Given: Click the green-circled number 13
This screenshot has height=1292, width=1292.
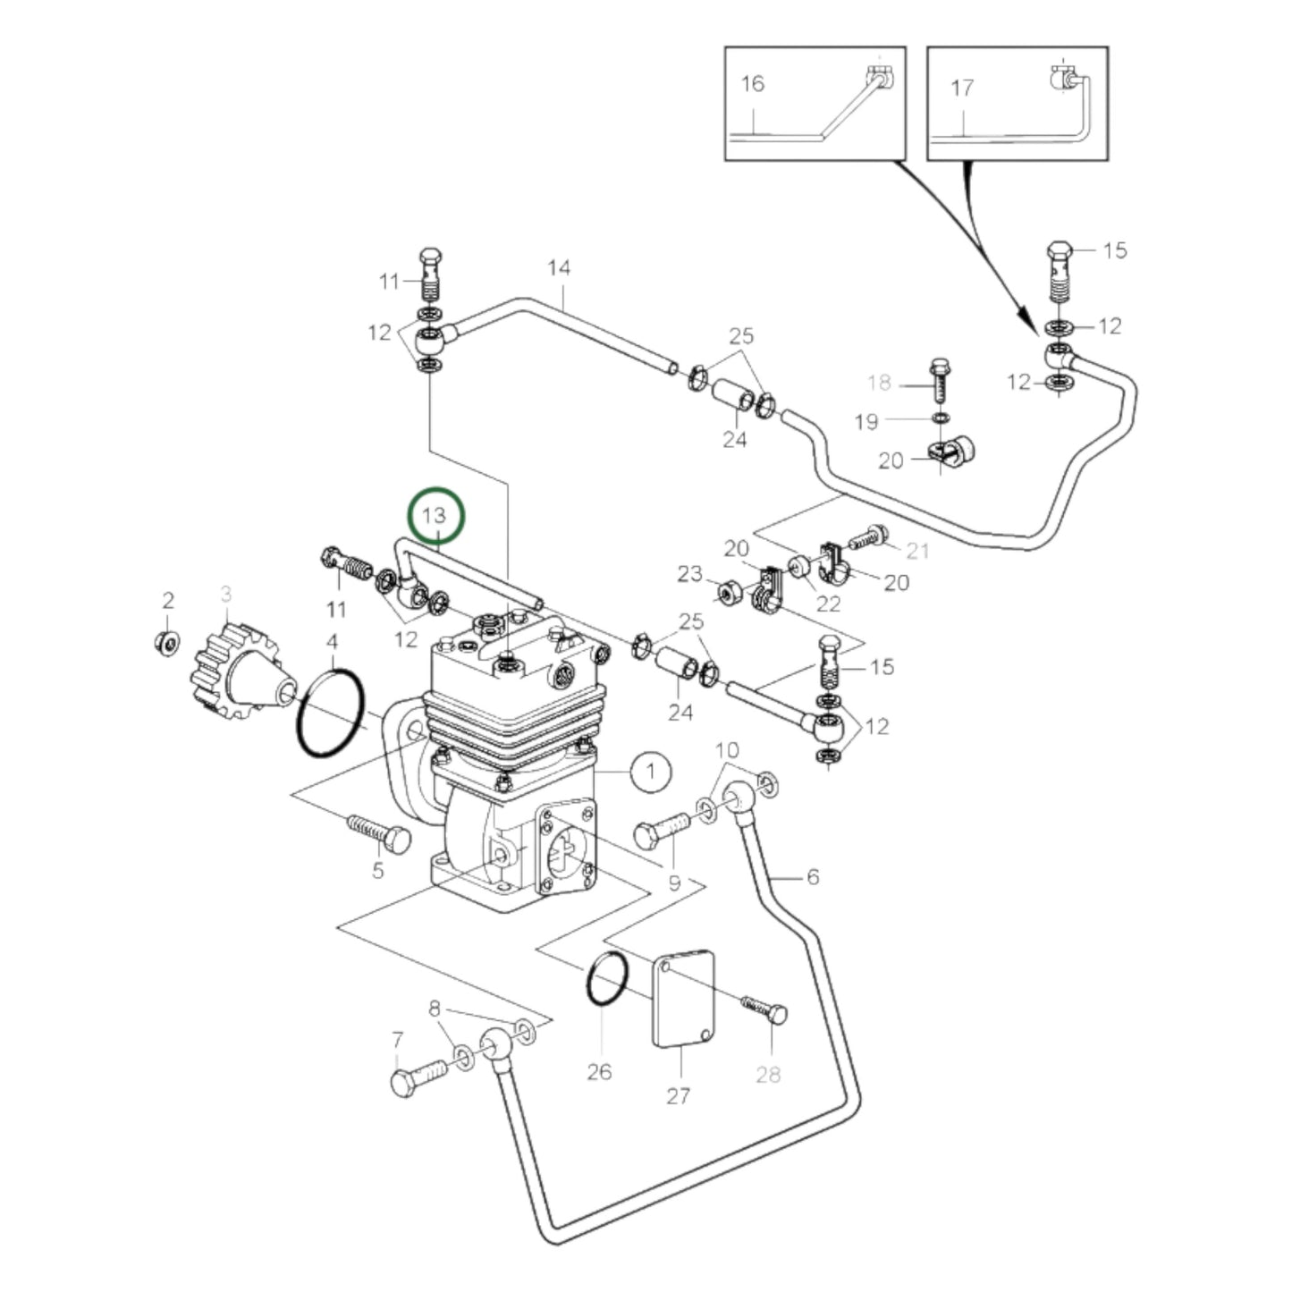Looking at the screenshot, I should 435,516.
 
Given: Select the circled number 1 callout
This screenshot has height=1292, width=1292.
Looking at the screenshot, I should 651,771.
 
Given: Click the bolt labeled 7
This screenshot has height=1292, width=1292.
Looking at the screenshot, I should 418,1077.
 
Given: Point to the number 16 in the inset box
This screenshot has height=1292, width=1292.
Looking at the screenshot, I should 753,83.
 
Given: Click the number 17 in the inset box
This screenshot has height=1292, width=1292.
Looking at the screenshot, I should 962,88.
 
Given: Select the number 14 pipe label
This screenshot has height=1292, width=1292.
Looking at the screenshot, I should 559,267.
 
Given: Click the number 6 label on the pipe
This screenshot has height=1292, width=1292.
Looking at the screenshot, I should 812,877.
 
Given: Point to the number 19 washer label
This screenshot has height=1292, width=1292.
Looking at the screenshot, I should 866,421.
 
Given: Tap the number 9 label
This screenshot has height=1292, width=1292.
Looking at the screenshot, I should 674,883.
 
